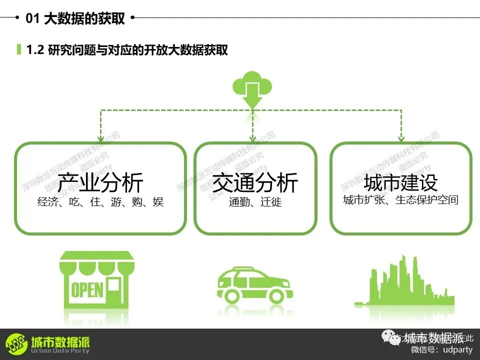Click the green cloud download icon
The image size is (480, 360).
pyautogui.click(x=252, y=88)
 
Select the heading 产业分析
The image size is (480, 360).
pyautogui.click(x=100, y=182)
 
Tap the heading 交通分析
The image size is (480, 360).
pyautogui.click(x=255, y=182)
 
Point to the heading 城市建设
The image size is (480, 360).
pyautogui.click(x=400, y=182)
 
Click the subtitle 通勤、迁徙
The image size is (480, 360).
pyautogui.click(x=255, y=202)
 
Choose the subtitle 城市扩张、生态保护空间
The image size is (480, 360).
pyautogui.click(x=400, y=200)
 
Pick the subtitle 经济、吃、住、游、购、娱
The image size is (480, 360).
pyautogui.click(x=100, y=202)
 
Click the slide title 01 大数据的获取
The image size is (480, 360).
pyautogui.click(x=75, y=18)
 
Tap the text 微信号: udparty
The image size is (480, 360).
pyautogui.click(x=441, y=349)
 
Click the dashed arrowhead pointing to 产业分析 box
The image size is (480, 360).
pyautogui.click(x=100, y=137)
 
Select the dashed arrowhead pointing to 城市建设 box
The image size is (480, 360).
pyautogui.click(x=400, y=137)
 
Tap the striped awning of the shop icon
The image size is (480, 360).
pyautogui.click(x=97, y=263)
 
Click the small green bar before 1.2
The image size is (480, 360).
pyautogui.click(x=19, y=49)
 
